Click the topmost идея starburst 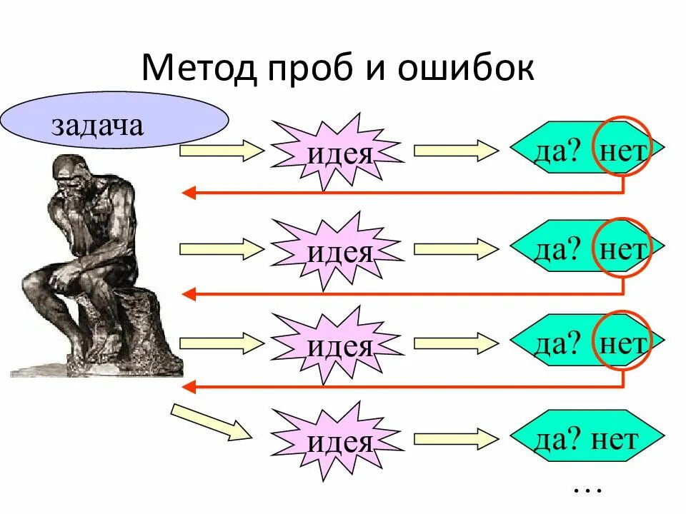(x=339, y=151)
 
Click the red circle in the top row (x=622, y=146)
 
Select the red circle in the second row (x=622, y=246)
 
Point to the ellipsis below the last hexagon (x=588, y=490)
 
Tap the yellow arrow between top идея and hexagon (x=456, y=151)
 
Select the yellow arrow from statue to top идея (x=222, y=151)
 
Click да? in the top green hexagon (x=556, y=150)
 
